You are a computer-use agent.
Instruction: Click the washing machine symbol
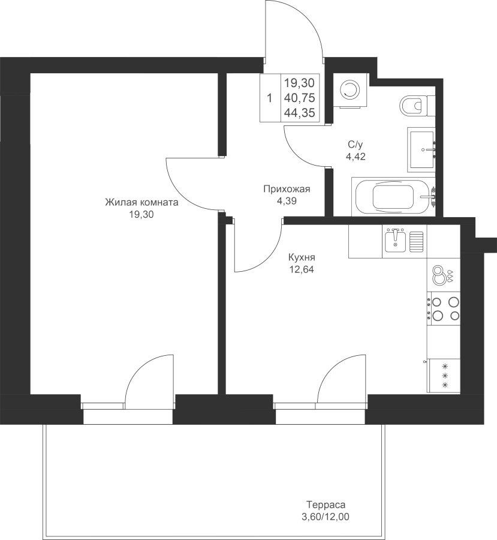coord(350,90)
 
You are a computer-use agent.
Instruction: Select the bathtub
coord(393,197)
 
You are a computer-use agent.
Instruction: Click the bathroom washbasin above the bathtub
coord(421,149)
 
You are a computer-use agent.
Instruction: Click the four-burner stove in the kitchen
coord(444,308)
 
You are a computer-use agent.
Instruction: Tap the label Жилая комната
coord(141,202)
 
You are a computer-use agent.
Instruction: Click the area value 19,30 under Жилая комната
coord(141,215)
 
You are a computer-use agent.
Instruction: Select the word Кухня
coord(302,257)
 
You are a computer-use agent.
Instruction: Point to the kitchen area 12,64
coord(302,269)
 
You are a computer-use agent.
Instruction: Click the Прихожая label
coord(287,189)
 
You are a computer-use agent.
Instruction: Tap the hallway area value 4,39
coord(287,201)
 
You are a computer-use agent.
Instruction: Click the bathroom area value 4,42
coord(356,157)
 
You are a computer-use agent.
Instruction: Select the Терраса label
coord(326,505)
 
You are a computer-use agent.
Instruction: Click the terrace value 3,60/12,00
coord(326,517)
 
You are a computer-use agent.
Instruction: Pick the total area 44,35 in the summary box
coord(299,113)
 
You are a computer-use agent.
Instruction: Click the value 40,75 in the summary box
coord(299,98)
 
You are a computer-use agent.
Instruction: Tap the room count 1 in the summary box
coord(270,98)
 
